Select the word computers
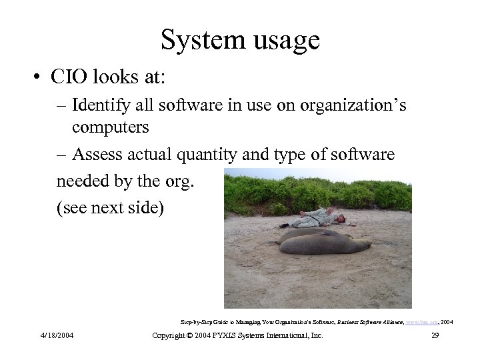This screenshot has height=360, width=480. point(111,126)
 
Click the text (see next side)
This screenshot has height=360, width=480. point(109,207)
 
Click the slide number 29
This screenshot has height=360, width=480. point(435,335)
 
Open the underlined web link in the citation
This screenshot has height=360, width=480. point(419,322)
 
